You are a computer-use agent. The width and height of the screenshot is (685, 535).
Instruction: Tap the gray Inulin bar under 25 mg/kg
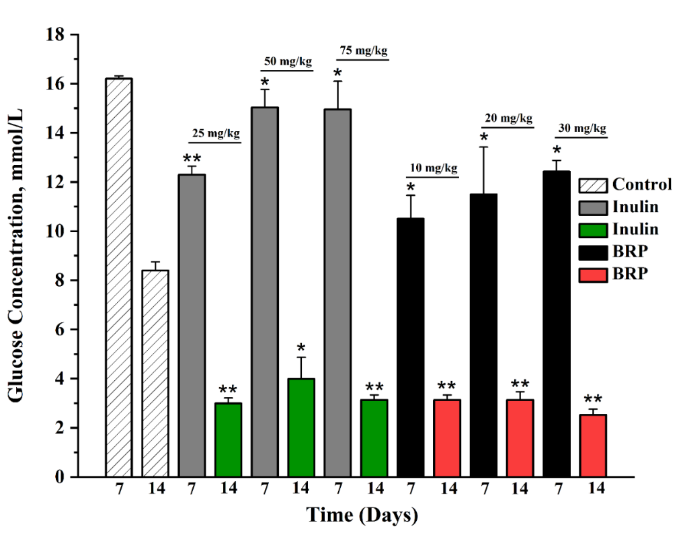pos(192,326)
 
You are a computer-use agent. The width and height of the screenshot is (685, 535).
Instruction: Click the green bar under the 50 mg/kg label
pos(301,428)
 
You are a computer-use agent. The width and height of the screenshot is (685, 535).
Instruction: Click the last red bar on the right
pos(592,445)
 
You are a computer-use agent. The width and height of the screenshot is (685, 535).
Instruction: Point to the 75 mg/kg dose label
pos(364,51)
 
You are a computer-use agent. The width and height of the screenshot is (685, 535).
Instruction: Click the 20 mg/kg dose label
pos(508,118)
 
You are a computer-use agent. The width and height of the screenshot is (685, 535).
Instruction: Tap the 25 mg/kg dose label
pos(216,133)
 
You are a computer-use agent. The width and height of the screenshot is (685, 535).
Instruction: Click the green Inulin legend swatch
pos(592,229)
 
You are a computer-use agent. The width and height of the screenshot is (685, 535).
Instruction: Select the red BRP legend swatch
pos(592,275)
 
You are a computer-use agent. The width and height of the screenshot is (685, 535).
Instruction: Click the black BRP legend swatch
pos(592,252)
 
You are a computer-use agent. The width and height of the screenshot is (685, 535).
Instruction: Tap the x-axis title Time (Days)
pos(362,516)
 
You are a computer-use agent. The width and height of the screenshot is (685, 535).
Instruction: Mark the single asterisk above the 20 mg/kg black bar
pos(483,139)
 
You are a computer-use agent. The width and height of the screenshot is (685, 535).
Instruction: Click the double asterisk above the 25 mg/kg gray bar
pos(192,159)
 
